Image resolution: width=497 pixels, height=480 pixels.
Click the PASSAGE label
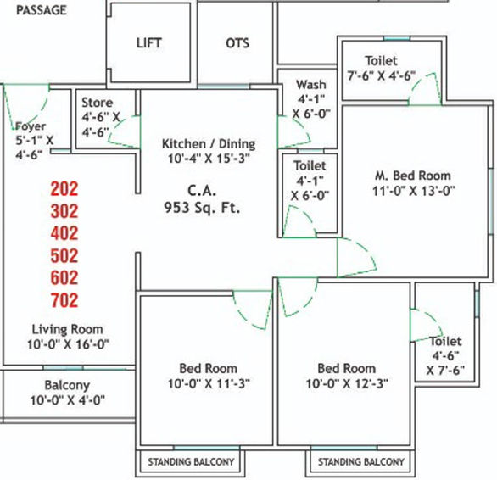click(42, 10)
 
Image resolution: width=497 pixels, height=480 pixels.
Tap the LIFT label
click(149, 43)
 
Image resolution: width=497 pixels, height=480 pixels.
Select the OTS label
click(237, 43)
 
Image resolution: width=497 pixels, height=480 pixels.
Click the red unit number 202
click(64, 188)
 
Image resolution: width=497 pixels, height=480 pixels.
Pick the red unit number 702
click(64, 300)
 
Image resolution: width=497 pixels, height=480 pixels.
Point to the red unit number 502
click(64, 255)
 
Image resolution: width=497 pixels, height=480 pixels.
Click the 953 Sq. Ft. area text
click(202, 208)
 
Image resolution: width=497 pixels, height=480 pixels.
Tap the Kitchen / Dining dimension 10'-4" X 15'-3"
click(209, 159)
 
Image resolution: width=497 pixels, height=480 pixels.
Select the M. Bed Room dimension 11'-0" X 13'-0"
click(414, 191)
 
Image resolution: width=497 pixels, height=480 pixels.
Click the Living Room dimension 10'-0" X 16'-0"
click(68, 344)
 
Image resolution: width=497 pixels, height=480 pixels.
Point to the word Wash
click(311, 84)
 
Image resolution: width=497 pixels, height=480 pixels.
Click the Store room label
click(98, 103)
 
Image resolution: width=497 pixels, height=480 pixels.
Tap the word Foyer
click(31, 126)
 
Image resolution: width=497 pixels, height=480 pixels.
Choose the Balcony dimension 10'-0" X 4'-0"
click(68, 400)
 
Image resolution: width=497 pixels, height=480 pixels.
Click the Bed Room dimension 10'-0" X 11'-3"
click(209, 383)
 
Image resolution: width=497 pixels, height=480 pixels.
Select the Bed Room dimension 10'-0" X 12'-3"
click(347, 383)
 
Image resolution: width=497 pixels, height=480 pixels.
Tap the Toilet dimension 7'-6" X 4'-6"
click(382, 75)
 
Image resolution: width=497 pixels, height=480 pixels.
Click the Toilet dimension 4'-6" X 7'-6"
click(445, 363)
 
